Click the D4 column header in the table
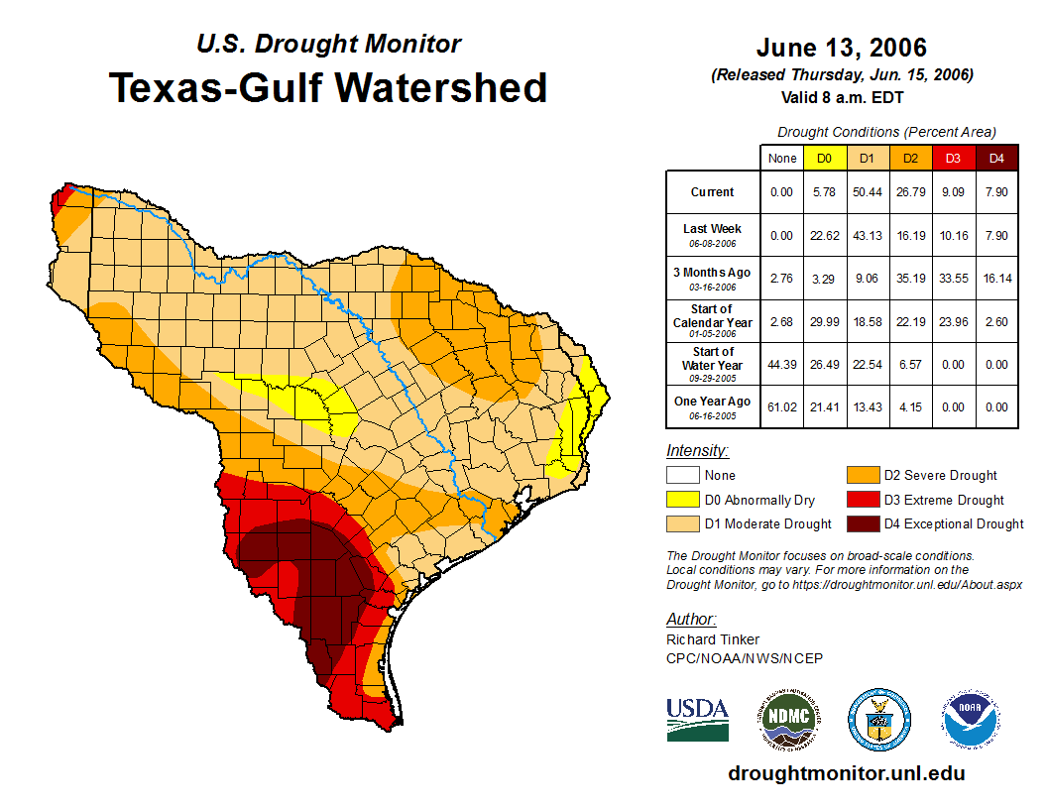tap(995, 159)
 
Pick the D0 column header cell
tap(824, 159)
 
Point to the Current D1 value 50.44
tap(867, 192)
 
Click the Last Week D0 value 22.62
tap(824, 235)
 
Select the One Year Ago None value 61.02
tap(782, 406)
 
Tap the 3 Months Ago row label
tap(712, 278)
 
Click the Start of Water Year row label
tap(712, 364)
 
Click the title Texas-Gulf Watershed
tap(328, 88)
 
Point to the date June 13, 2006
tap(841, 48)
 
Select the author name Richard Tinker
tap(713, 639)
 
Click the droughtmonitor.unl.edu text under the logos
tap(846, 773)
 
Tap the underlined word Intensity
tap(697, 451)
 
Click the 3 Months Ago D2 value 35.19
tap(909, 278)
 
